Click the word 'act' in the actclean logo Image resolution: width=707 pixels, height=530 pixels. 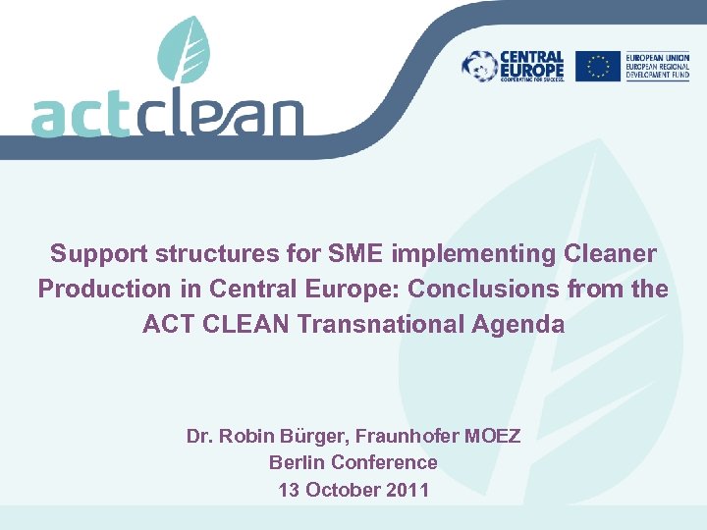80,117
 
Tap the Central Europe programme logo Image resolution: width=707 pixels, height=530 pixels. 514,67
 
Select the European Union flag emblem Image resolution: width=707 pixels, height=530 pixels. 597,66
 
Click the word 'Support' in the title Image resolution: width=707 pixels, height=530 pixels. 96,254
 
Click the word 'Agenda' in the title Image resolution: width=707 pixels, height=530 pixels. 521,323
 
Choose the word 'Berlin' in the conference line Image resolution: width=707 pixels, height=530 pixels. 298,461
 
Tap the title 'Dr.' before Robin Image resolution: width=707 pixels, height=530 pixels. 200,435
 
